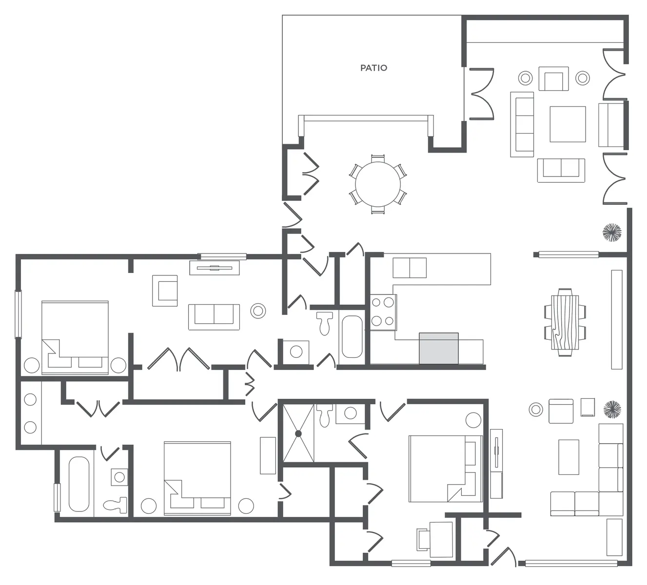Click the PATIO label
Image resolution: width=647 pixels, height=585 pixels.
pos(373,68)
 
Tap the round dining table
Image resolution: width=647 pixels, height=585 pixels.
pos(378,184)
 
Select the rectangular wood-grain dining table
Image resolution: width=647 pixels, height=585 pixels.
pos(565,322)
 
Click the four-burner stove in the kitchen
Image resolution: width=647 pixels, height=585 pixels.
pos(383,312)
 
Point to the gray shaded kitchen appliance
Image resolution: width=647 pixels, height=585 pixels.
pos(439,348)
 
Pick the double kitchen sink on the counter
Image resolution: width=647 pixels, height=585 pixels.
pos(410,268)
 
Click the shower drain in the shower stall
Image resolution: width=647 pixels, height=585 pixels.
pos(298,433)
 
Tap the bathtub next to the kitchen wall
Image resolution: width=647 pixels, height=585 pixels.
pos(352,337)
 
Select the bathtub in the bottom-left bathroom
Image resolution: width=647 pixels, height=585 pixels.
pos(79,484)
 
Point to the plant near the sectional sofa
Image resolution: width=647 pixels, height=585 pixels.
pos(612,409)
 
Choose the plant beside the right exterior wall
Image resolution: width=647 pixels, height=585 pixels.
pos(612,233)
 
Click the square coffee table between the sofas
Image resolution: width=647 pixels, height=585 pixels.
pos(568,124)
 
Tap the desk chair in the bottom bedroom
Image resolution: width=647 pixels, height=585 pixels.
pos(424,540)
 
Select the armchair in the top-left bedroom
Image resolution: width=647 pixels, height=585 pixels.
pos(165,291)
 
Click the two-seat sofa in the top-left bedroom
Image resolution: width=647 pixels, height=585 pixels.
pos(214,317)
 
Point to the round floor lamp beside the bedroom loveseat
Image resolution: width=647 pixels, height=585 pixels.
pos(258,311)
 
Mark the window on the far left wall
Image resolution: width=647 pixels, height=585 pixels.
pos(19,314)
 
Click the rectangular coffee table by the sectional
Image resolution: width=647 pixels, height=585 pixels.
pos(569,457)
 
